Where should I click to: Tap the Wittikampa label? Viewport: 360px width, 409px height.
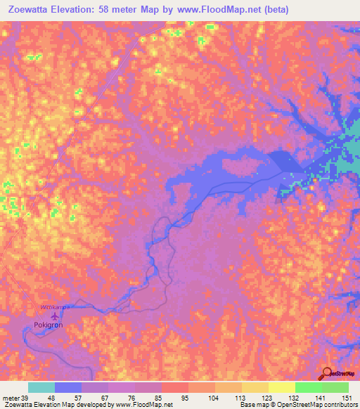coord(56,308)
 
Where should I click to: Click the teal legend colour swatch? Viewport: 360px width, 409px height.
coord(41,387)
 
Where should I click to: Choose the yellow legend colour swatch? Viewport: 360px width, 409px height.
coord(282,387)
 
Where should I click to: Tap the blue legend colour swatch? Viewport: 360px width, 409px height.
coord(68,387)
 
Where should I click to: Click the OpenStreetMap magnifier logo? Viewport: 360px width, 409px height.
coord(328,374)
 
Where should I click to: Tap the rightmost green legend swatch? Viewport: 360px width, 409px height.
coord(335,387)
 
